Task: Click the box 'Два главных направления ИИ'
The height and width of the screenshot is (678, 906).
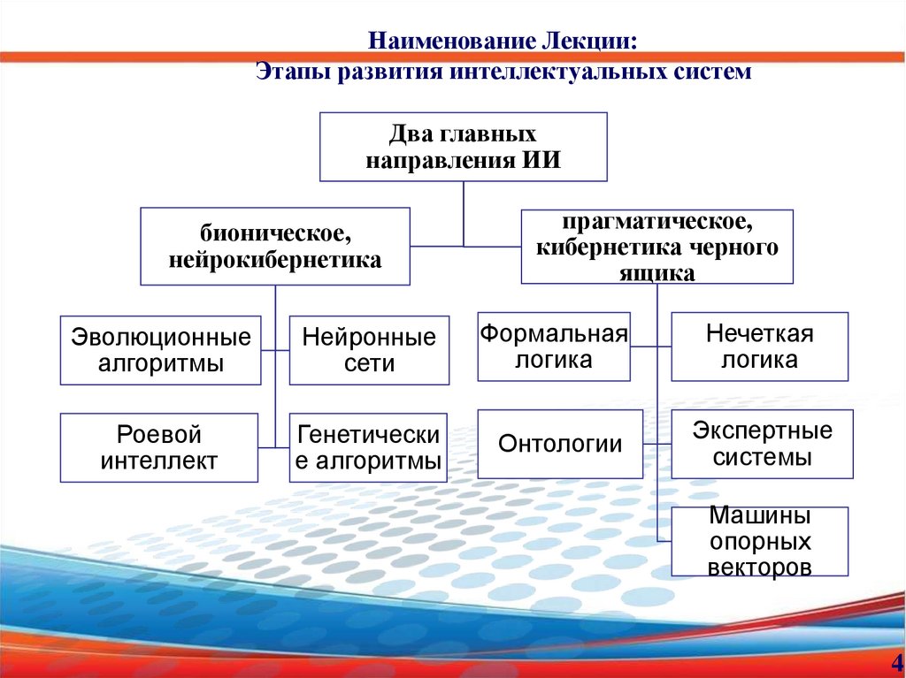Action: [463, 147]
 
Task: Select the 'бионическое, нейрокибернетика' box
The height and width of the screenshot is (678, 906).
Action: [275, 247]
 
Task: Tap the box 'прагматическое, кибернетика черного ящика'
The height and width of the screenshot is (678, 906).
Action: [656, 247]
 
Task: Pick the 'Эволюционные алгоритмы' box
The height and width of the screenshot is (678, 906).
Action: [161, 350]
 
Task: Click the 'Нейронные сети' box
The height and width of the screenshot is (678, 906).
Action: [369, 350]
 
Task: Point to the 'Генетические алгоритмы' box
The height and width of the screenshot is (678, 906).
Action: [368, 447]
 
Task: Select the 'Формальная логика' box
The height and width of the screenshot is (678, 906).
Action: [554, 347]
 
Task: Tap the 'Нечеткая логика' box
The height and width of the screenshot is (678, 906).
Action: [759, 347]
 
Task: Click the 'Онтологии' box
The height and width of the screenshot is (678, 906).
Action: [560, 444]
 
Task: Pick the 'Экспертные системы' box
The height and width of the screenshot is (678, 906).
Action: [762, 444]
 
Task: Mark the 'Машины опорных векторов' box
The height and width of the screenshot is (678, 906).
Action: [759, 541]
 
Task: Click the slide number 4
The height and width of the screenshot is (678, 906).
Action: [897, 662]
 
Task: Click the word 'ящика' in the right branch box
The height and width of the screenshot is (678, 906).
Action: [656, 273]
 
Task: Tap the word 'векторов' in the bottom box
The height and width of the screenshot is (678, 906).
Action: [759, 567]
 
